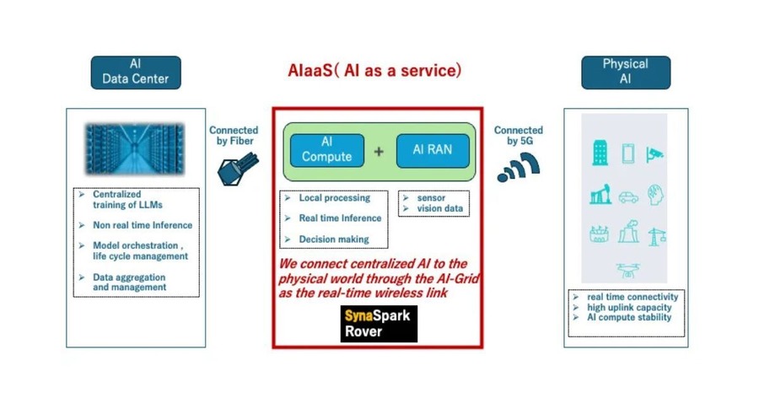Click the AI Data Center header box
136,73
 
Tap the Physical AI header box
626,73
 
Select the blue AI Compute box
326,151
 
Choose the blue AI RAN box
433,151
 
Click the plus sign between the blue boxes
379,152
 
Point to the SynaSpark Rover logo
379,324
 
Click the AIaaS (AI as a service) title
374,71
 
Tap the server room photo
135,148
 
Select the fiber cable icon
238,169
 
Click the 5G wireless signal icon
518,168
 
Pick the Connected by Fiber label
234,136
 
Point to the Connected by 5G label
519,136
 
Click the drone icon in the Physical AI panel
627,271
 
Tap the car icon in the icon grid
627,197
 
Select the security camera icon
654,154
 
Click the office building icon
600,153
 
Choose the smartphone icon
627,154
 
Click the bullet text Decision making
333,239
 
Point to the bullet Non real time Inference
143,225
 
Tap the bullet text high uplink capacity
629,308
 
